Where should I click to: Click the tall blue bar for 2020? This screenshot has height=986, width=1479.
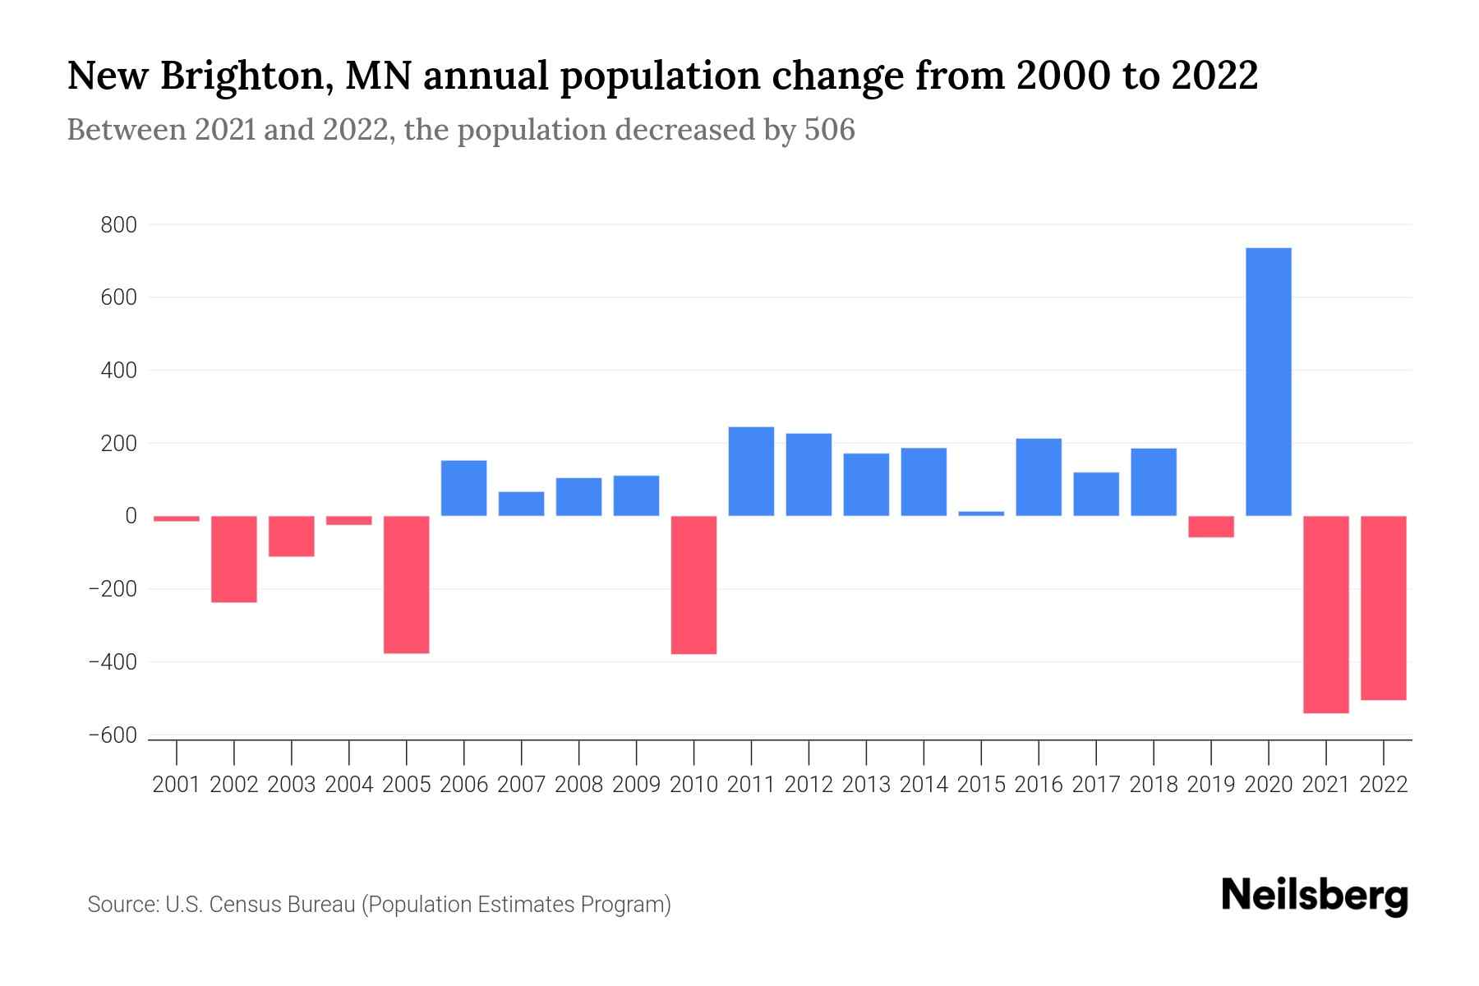[x=1268, y=382]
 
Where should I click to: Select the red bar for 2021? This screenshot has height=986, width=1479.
[x=1325, y=614]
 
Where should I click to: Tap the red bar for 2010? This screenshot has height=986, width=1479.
[x=693, y=584]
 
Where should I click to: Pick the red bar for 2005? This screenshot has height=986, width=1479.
[x=406, y=584]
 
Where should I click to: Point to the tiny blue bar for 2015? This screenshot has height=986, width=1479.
[x=981, y=514]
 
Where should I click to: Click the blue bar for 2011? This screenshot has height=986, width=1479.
[x=751, y=472]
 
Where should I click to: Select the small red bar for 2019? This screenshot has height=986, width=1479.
[x=1210, y=527]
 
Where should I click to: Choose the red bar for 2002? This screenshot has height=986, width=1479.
[x=233, y=559]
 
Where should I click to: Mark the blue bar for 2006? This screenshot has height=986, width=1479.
[x=463, y=488]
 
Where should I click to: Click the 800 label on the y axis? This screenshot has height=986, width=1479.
[x=118, y=225]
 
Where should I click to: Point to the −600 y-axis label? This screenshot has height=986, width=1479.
[x=113, y=736]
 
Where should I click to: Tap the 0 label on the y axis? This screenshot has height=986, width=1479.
[x=131, y=516]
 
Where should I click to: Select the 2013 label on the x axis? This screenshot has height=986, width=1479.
[x=866, y=785]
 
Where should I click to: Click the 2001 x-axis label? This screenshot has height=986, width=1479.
[x=176, y=785]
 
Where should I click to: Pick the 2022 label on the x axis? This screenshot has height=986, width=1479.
[x=1384, y=785]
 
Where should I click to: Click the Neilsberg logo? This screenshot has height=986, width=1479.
[x=1315, y=896]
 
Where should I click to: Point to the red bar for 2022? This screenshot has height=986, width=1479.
[x=1383, y=608]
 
